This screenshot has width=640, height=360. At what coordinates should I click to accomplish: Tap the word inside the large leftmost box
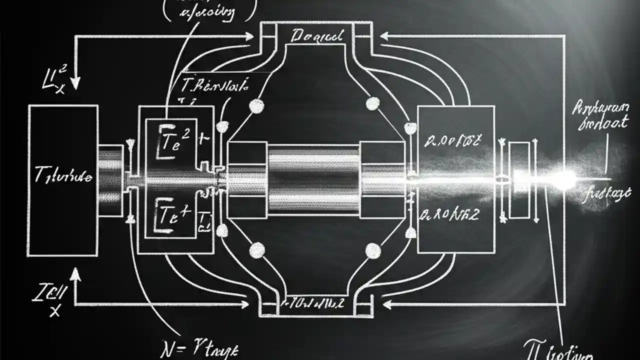click(63, 176)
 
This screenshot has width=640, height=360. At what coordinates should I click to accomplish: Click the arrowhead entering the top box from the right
click(384, 35)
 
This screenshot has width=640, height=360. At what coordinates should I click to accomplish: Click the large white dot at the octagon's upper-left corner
click(256, 106)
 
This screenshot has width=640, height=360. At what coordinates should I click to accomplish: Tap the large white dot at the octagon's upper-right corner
click(373, 103)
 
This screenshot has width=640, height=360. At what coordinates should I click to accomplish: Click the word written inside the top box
click(317, 36)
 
